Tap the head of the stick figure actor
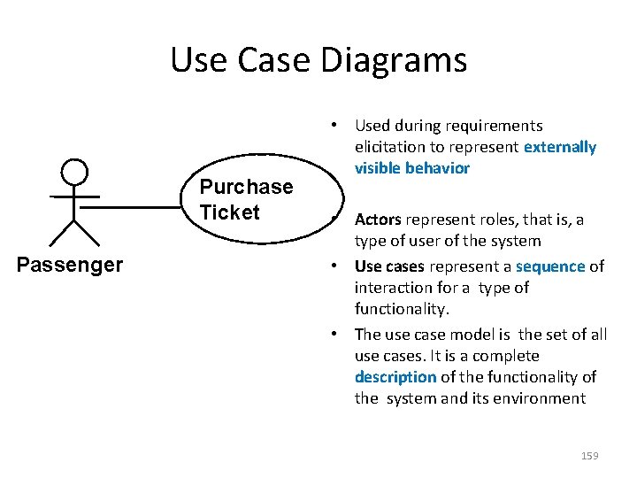(x=74, y=172)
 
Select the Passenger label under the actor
(x=71, y=264)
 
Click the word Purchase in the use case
(x=246, y=187)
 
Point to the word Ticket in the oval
(x=230, y=212)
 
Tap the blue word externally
(x=560, y=147)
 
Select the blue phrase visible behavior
(x=412, y=168)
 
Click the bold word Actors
(x=378, y=220)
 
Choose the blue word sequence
(x=550, y=266)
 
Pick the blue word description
(x=395, y=377)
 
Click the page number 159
(x=589, y=455)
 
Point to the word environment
(x=542, y=398)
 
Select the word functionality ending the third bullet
(x=402, y=309)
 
